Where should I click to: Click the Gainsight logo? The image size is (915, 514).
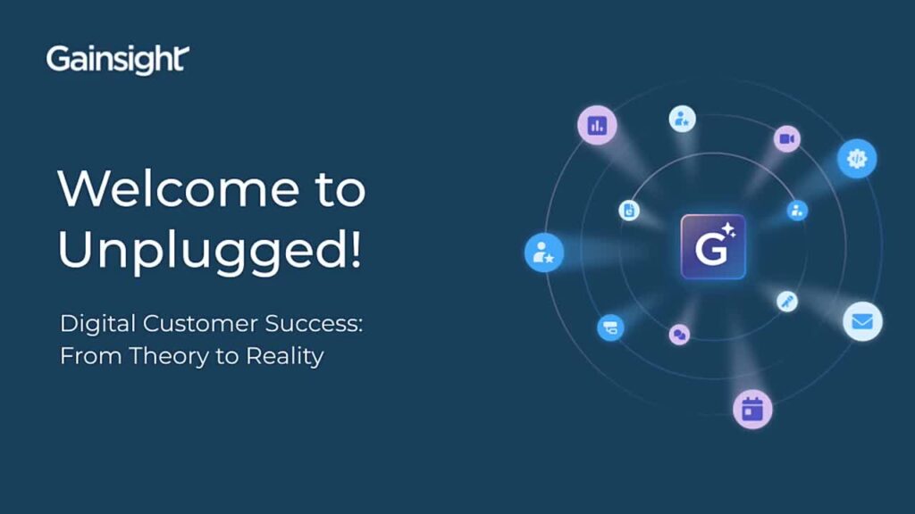click(x=117, y=60)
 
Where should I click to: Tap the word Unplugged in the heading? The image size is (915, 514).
click(x=200, y=251)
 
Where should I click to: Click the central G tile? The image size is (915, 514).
click(x=712, y=246)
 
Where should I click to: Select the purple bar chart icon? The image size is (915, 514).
click(x=597, y=125)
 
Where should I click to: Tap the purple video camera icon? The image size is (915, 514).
click(x=786, y=138)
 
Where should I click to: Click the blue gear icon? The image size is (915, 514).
click(x=857, y=158)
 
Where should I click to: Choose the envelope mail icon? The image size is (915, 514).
click(x=862, y=321)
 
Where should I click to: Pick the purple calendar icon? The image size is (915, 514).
click(x=752, y=410)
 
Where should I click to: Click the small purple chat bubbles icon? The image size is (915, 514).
click(x=679, y=335)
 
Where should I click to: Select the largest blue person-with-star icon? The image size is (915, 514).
click(x=543, y=253)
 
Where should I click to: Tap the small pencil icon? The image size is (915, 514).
click(x=787, y=301)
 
